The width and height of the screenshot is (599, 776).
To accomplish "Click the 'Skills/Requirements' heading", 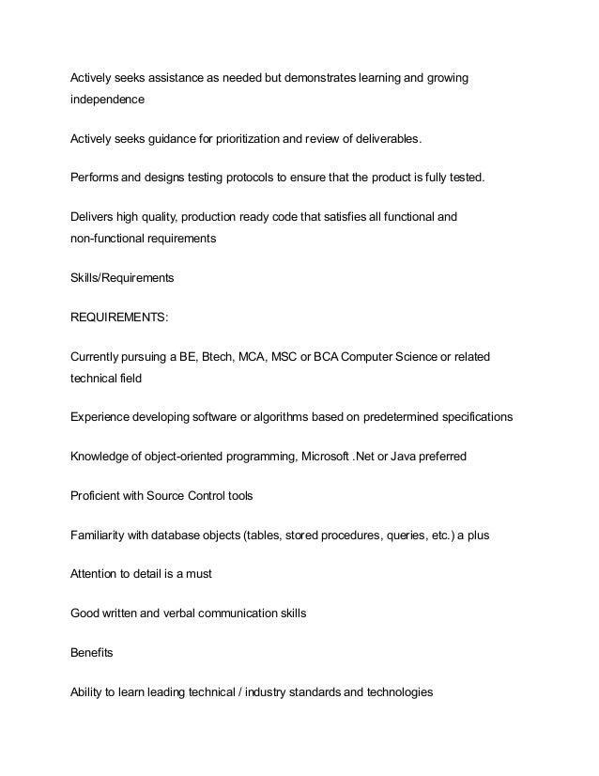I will (x=123, y=279).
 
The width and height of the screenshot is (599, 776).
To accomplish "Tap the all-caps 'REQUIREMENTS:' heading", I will (x=120, y=318).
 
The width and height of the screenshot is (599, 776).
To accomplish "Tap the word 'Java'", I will (x=397, y=456).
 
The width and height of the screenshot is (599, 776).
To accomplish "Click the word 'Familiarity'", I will (x=100, y=535).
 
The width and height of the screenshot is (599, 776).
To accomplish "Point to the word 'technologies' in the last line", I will (x=400, y=691).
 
